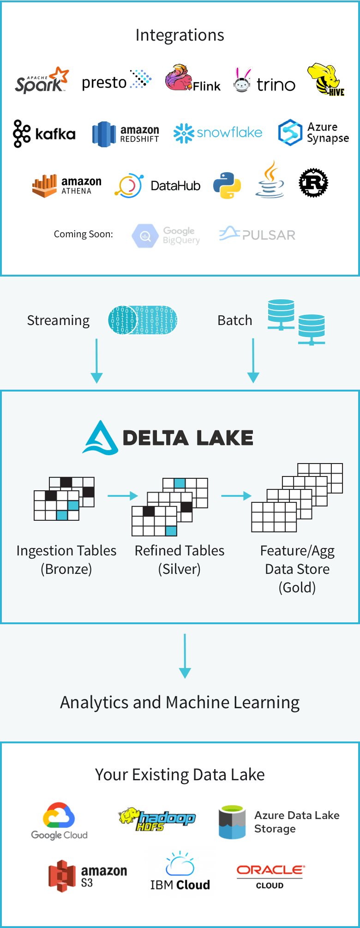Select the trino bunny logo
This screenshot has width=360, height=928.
click(x=242, y=80)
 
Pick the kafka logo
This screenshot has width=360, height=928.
click(x=44, y=134)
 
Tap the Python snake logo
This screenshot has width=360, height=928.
click(x=227, y=186)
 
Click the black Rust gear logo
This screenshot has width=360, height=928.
click(x=313, y=183)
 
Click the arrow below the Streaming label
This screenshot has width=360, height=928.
click(x=96, y=361)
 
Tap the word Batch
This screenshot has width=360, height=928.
click(x=234, y=320)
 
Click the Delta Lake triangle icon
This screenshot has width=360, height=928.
click(x=100, y=438)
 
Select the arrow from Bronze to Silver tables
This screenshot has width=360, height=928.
click(x=122, y=496)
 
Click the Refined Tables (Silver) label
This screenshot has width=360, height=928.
click(x=179, y=560)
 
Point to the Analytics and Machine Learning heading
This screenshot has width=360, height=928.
click(x=180, y=702)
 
